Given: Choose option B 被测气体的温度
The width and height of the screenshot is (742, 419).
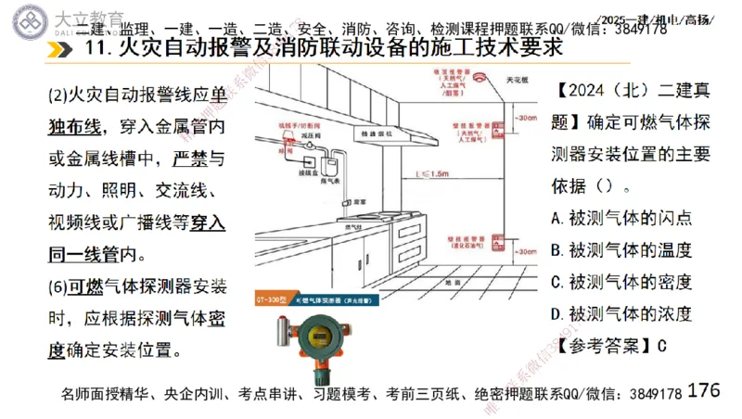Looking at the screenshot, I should point(620,249).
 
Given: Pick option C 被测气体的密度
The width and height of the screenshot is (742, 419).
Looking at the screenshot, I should point(620,281).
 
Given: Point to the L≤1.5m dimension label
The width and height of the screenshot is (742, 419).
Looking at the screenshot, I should point(431,172).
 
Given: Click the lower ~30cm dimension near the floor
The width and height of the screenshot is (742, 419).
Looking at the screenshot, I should point(526,249).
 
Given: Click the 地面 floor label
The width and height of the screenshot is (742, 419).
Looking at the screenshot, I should point(453,280).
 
